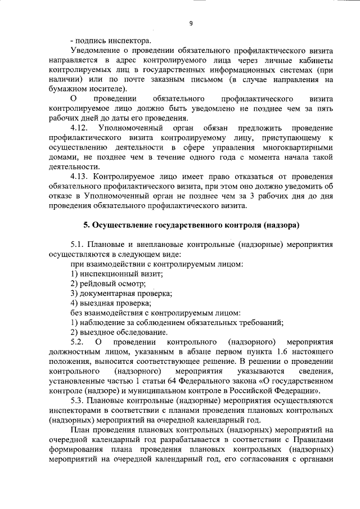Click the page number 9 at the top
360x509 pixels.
click(191, 23)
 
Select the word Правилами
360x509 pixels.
click(315, 439)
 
